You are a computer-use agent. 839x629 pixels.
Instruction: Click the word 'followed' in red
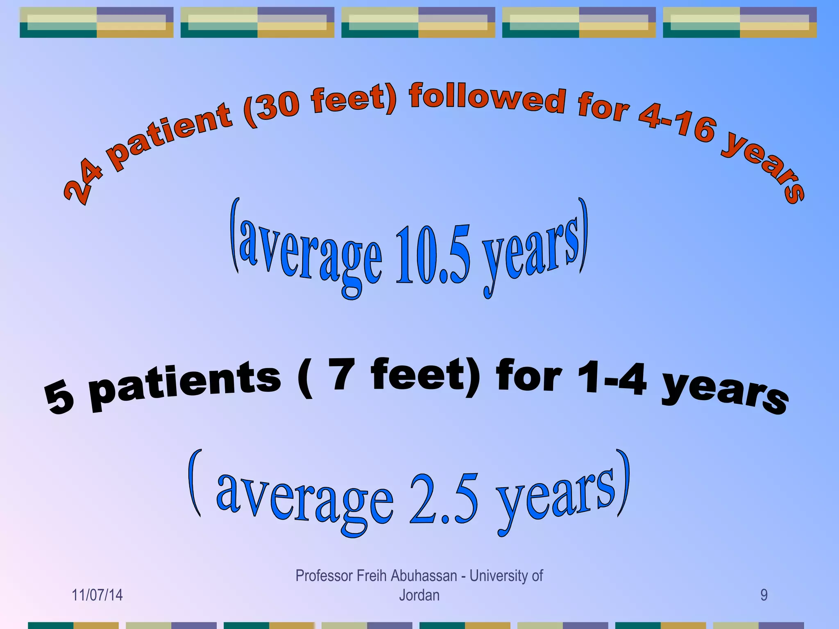coord(488,98)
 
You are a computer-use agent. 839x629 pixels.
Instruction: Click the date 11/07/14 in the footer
coord(97,595)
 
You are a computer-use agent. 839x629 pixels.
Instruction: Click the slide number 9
coord(764,595)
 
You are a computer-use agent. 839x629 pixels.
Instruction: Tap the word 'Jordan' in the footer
coord(419,595)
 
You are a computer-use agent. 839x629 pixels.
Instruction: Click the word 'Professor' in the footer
coord(324,576)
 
